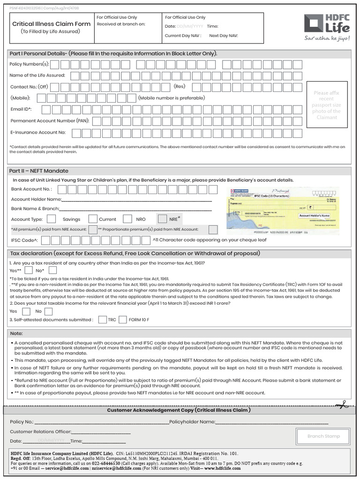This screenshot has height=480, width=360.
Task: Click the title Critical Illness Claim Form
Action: [x=51, y=24]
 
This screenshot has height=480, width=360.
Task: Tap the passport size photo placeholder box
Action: [x=326, y=105]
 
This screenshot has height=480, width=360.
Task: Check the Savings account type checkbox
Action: [x=52, y=219]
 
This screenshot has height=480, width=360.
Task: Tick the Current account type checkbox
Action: [x=93, y=219]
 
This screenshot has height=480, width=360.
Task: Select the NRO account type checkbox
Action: [x=127, y=219]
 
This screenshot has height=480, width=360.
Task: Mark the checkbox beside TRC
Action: [x=102, y=320]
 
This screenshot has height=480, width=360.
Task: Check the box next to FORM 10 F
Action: [x=123, y=320]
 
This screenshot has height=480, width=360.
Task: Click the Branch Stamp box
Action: [x=323, y=436]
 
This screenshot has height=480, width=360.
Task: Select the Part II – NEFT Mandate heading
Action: [x=39, y=171]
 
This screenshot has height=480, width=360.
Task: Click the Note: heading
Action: [x=16, y=333]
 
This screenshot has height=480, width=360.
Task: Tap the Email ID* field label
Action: [x=21, y=109]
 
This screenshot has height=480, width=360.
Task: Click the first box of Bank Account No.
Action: [x=61, y=189]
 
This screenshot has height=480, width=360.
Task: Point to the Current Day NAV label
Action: [x=183, y=36]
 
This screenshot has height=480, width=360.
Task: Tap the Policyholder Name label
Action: [x=192, y=422]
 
